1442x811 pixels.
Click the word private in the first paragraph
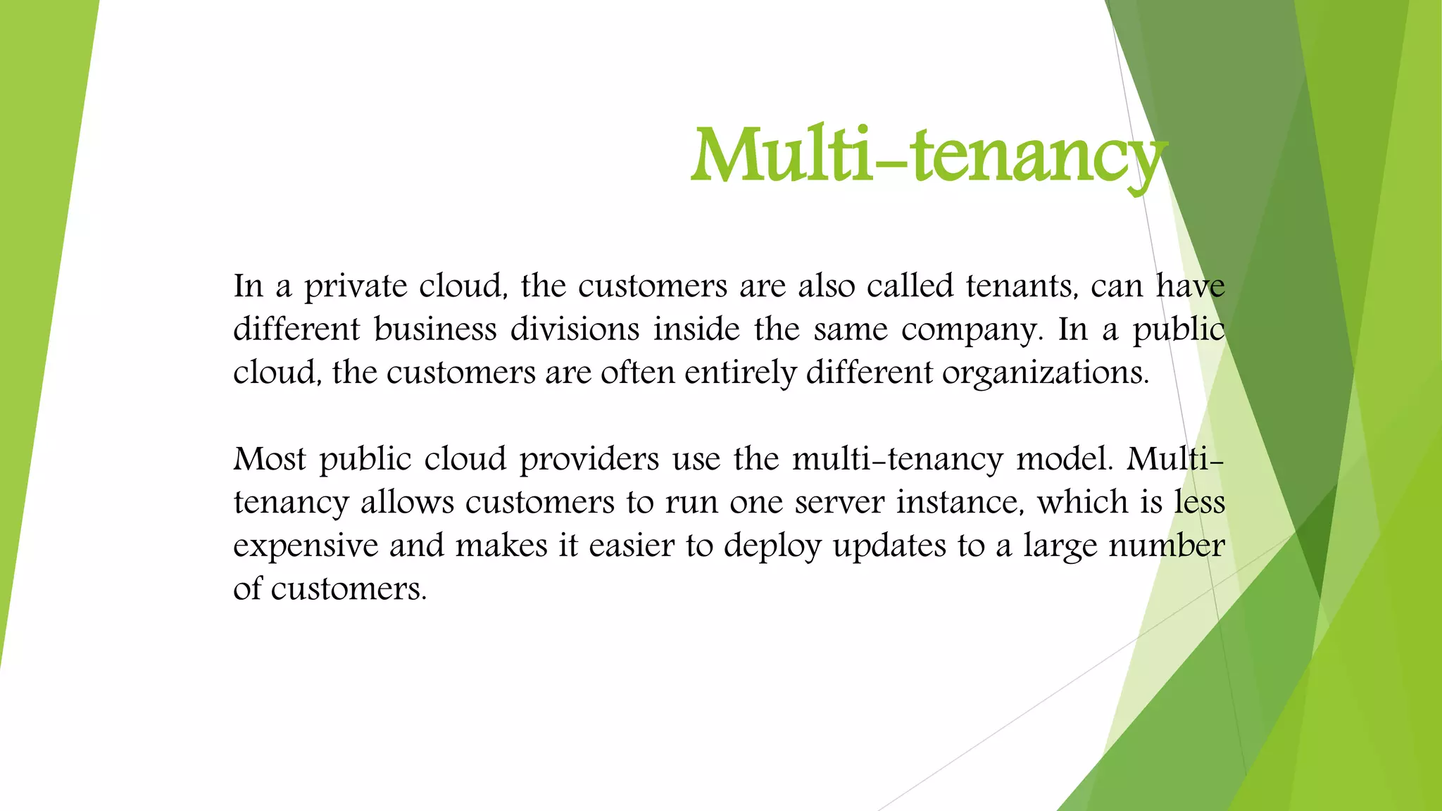pyautogui.click(x=356, y=287)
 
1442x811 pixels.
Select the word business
pyautogui.click(x=435, y=329)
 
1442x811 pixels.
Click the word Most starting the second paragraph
pyautogui.click(x=270, y=459)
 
